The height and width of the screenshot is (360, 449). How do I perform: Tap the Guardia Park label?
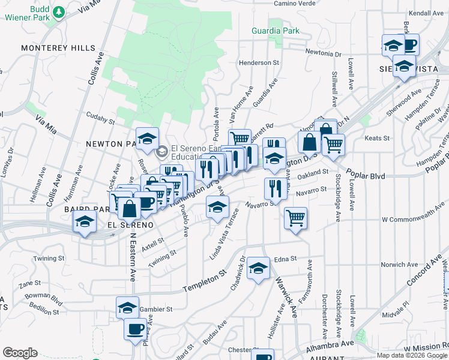pos(267,30)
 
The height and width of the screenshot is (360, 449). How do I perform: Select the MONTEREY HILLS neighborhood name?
pos(58,47)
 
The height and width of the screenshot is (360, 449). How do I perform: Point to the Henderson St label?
pos(259,62)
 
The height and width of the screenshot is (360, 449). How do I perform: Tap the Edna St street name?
pos(285,259)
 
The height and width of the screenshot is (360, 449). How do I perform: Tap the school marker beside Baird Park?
pos(85,221)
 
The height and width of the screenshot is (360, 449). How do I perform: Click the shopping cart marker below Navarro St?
pos(295,218)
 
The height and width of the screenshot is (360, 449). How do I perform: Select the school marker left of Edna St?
pos(258,268)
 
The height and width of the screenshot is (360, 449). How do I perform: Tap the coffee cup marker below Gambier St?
pos(135,329)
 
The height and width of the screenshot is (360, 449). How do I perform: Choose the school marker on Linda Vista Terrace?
pos(217,208)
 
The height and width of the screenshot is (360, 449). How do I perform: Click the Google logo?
pos(20,353)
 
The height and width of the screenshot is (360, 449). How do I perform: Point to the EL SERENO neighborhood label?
pos(127,224)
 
